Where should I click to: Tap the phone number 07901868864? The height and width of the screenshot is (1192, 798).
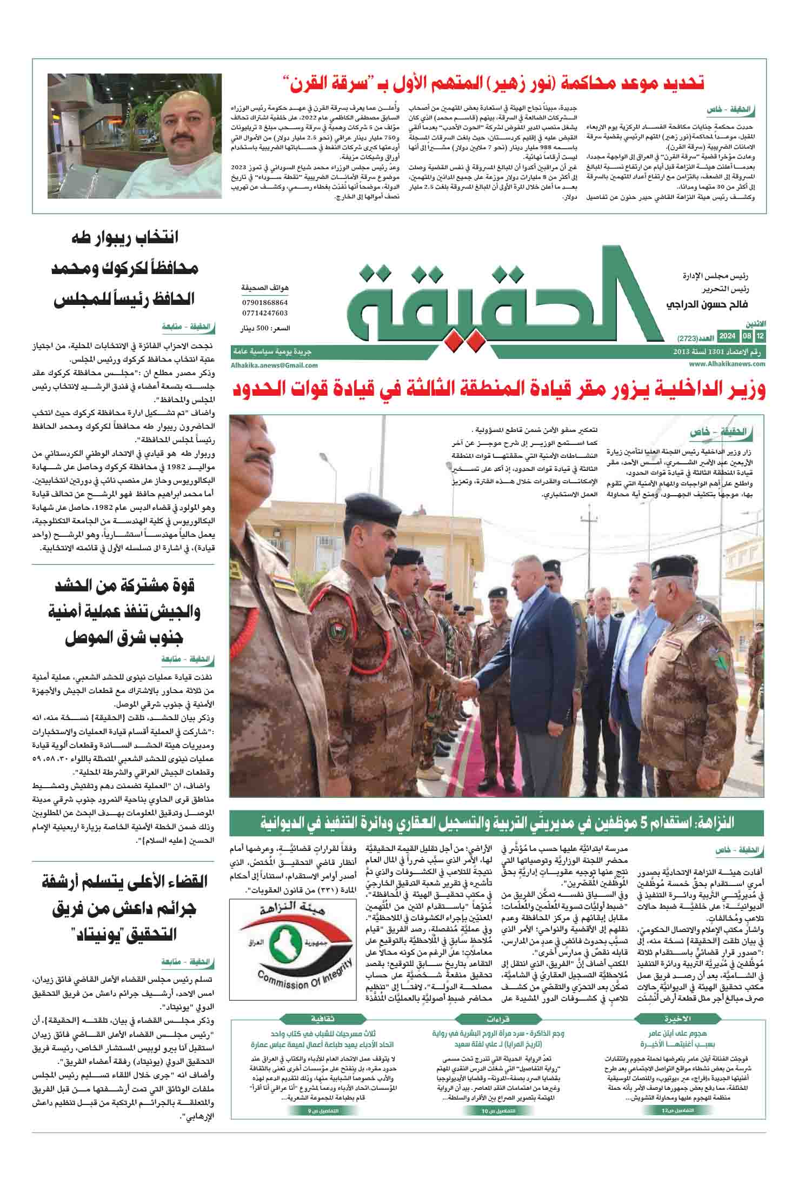tap(265, 303)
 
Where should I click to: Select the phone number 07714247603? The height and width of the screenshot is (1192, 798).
tap(265, 313)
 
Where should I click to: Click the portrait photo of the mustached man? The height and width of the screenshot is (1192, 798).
tap(135, 136)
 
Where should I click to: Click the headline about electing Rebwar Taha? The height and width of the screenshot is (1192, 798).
tap(124, 268)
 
